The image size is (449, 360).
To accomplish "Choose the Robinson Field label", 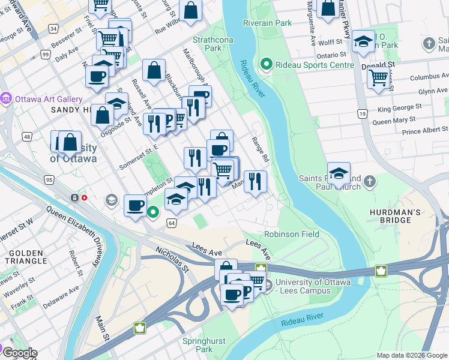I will click(x=292, y=234).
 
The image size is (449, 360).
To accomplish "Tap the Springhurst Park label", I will click(x=204, y=345).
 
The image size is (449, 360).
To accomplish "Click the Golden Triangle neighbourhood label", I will click(x=26, y=257).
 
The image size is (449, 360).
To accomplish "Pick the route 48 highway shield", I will click(x=28, y=137).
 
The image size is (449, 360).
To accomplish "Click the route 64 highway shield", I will click(x=172, y=223).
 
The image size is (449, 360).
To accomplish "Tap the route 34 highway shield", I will click(x=53, y=28).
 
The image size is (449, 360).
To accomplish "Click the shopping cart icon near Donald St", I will click(x=378, y=77).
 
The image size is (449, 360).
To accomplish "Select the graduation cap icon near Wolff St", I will click(x=363, y=41).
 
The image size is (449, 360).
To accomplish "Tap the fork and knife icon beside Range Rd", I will click(x=255, y=181).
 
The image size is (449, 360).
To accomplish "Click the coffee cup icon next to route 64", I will click(x=135, y=206).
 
